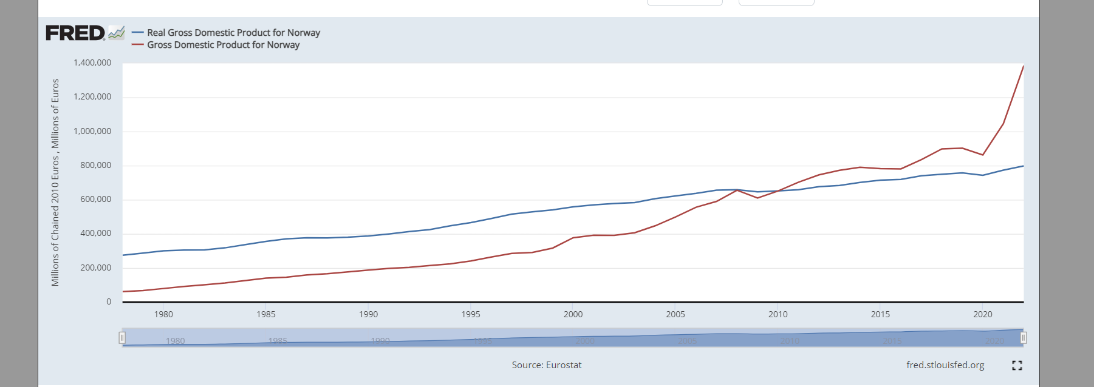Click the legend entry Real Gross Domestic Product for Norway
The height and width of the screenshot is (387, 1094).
pos(233,33)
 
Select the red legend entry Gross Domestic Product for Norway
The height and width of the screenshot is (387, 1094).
pos(223,45)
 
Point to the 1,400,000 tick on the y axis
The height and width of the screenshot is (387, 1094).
pos(92,62)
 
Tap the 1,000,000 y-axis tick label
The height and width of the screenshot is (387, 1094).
pos(92,131)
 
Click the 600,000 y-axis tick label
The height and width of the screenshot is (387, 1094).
pos(95,199)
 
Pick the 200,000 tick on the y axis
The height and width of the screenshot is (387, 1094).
pos(95,268)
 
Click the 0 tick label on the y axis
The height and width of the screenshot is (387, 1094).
pos(109,301)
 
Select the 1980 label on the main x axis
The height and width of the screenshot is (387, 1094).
pos(163,314)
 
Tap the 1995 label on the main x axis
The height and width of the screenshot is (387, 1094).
pos(471,314)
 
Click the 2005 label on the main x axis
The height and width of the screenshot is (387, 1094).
pos(675,314)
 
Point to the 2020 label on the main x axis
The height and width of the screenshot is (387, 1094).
pos(982,314)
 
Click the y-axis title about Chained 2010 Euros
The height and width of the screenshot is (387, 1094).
pos(55,182)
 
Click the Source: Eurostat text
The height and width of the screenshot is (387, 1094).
pos(547,365)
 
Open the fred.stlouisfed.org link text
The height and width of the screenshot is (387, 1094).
pos(945,365)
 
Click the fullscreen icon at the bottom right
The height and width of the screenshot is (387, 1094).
pos(1017,365)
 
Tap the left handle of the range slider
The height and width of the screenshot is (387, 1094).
pos(122,338)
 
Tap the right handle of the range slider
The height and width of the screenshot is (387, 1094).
pos(1024,338)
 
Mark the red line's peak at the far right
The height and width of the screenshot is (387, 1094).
pos(1023,66)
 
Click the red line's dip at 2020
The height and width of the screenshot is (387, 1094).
pos(983,155)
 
